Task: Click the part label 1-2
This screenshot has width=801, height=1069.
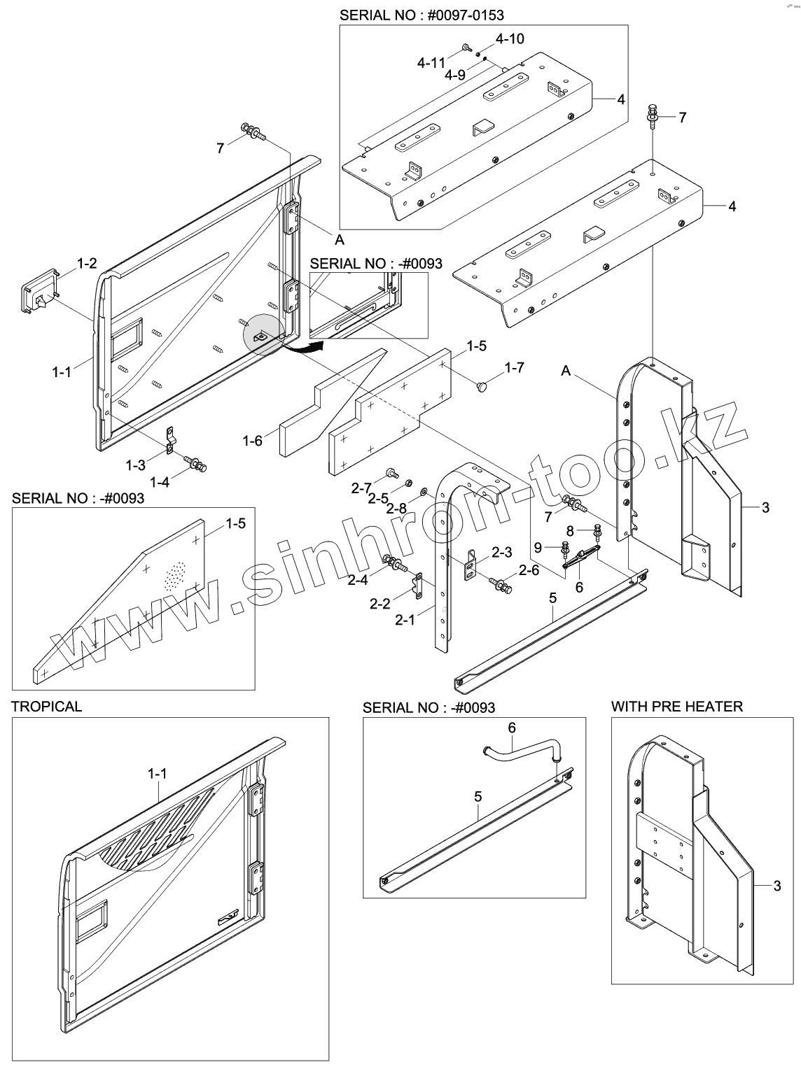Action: (x=87, y=264)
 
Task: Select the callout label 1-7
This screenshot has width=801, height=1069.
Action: (x=515, y=367)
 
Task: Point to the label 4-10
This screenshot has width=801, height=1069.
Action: (x=510, y=38)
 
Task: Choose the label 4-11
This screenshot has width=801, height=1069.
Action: (x=431, y=62)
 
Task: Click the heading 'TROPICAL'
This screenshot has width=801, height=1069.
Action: (x=46, y=707)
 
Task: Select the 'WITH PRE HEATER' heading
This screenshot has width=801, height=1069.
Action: (x=676, y=707)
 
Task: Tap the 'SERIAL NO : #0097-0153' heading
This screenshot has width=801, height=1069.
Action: (x=422, y=14)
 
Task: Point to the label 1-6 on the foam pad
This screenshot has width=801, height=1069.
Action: (x=253, y=441)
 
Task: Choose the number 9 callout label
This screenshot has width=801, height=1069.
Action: (x=538, y=546)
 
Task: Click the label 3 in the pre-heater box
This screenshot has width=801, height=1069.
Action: (x=776, y=886)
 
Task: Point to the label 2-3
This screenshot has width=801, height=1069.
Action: (x=501, y=553)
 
